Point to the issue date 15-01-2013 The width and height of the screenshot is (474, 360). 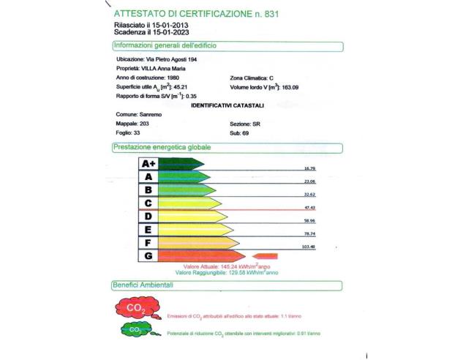pos(156,25)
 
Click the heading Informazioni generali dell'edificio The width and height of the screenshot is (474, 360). pos(165,45)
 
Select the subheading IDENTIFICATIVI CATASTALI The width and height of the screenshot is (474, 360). pos(222,105)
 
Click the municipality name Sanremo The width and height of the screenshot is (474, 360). pos(151,115)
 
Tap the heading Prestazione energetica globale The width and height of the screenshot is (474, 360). pos(162,147)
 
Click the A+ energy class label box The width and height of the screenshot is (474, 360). pos(148,164)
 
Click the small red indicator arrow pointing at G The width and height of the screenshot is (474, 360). pos(268,255)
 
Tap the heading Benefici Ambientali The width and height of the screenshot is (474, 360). pos(143,284)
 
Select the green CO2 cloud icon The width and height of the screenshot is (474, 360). pos(136,331)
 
